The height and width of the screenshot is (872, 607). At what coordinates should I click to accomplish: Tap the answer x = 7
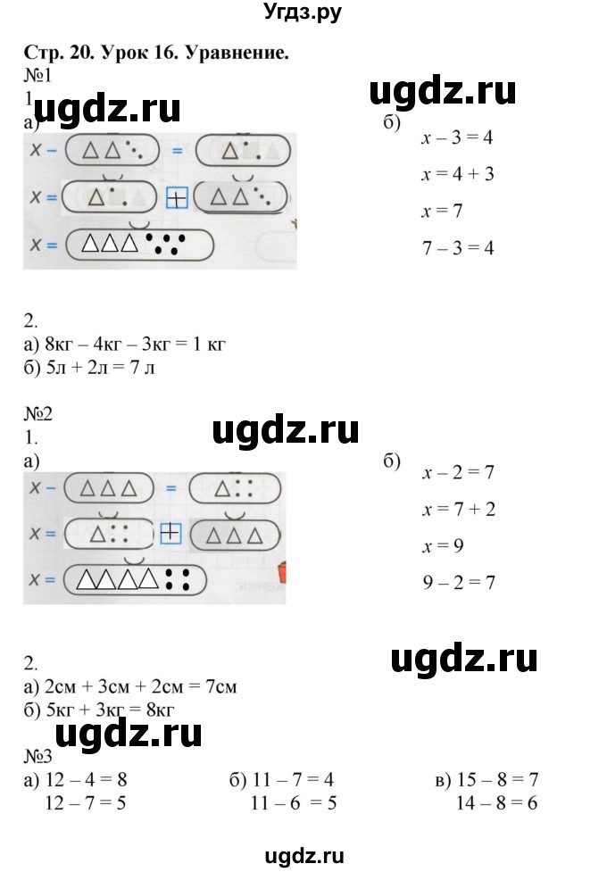tap(443, 212)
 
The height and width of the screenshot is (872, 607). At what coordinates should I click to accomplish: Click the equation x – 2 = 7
tap(458, 472)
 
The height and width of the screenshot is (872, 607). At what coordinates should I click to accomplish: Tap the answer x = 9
tap(444, 545)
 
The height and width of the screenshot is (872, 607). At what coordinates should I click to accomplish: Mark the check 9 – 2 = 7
tap(458, 582)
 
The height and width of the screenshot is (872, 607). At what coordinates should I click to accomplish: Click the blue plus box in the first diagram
tap(178, 198)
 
